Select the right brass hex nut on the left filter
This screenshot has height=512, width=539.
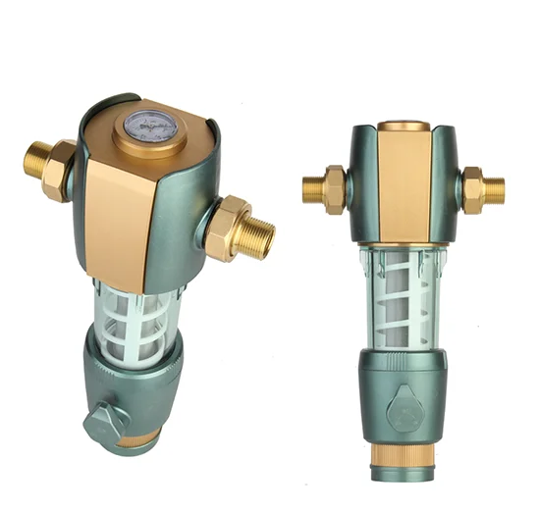[229, 226]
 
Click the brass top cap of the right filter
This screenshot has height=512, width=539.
[404, 126]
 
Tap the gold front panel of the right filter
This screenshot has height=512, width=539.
[404, 186]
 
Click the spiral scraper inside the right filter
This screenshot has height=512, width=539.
[404, 294]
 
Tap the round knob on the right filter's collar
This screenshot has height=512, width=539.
[403, 412]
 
